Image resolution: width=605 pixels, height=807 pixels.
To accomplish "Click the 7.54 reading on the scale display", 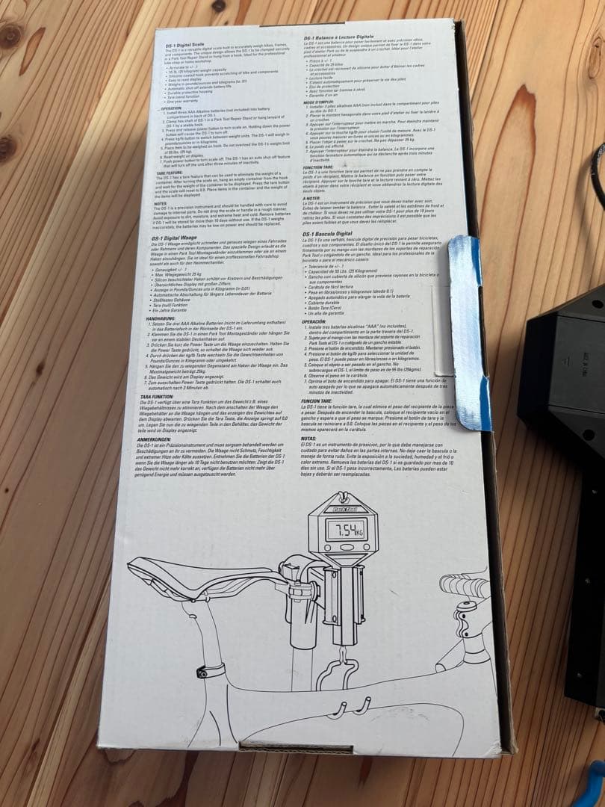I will [x=347, y=531].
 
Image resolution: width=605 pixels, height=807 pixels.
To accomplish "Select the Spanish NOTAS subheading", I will [x=311, y=438].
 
